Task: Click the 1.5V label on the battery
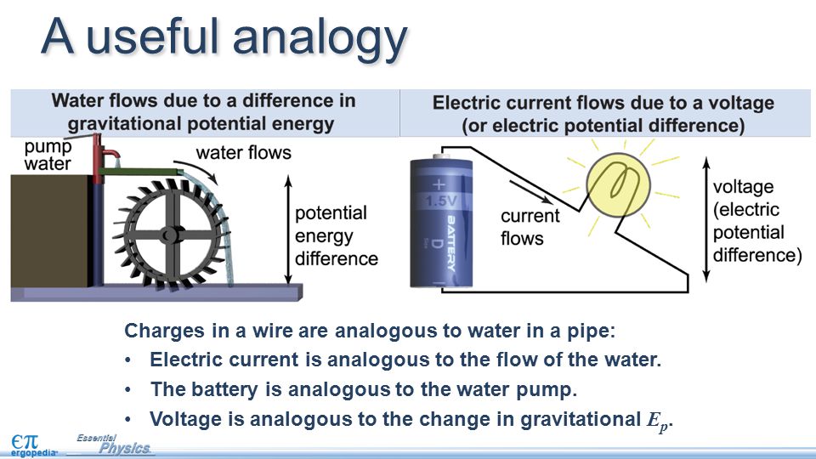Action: tap(439, 201)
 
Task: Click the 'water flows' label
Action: tap(243, 153)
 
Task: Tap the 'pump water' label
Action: tap(48, 155)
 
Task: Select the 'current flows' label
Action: tap(530, 227)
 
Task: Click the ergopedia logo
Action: tap(31, 445)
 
